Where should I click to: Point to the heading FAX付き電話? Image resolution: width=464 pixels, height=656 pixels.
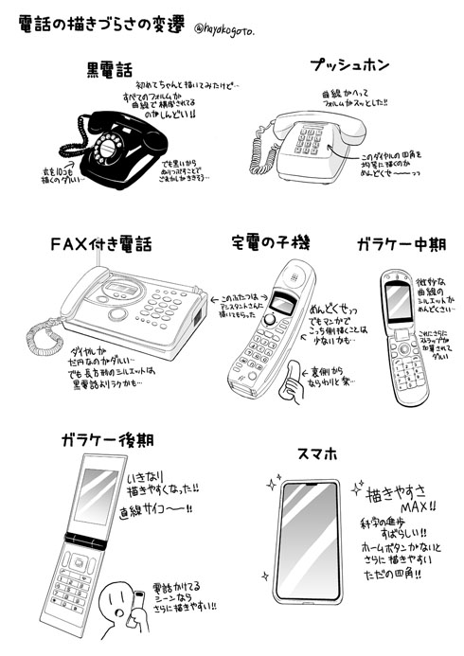pyautogui.click(x=102, y=243)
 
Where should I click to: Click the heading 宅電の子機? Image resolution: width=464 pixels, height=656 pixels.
pyautogui.click(x=271, y=243)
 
